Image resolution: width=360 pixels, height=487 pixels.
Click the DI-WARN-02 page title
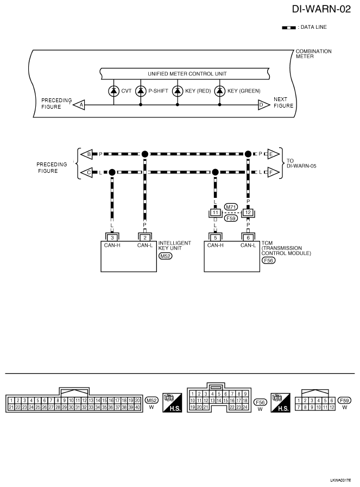coord(321,9)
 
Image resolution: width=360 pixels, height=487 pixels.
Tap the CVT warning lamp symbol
coord(113,91)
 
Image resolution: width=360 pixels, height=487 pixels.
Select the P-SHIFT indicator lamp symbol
coord(141,91)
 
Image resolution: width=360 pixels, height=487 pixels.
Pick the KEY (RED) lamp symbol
coord(178,91)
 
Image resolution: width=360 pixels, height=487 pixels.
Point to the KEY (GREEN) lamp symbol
coord(220,91)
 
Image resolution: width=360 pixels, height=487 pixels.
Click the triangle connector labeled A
coord(79,105)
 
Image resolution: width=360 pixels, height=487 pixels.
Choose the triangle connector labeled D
coord(263,105)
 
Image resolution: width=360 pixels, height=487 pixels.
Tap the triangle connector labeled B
coord(87,154)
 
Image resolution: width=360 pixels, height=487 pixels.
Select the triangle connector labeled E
coord(273,154)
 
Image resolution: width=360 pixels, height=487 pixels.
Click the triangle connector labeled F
coord(273,172)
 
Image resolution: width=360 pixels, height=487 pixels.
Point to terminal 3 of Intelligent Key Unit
coord(112,238)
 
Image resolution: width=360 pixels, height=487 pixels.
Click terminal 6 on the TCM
coord(248,238)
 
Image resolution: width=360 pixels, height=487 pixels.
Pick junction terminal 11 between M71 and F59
coord(216,213)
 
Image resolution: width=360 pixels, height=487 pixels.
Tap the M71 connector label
coord(231,207)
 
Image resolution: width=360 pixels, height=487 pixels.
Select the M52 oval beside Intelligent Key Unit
coord(165,256)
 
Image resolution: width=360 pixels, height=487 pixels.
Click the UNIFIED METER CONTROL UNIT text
coord(187,74)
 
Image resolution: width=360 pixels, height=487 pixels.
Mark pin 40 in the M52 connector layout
coord(137,407)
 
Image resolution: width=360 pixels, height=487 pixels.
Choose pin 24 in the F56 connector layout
coord(245,407)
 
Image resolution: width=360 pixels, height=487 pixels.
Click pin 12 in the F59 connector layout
coord(332,407)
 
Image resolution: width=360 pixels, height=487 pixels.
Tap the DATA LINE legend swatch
coord(289,28)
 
